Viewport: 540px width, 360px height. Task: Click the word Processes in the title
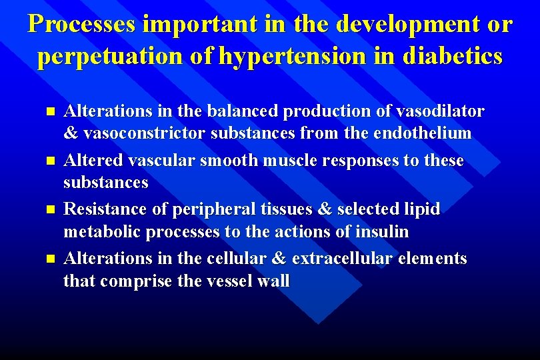point(81,25)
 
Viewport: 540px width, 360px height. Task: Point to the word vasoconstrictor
point(143,133)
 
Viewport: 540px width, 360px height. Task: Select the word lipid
point(423,209)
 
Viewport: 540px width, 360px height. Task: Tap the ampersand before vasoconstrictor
point(71,133)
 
